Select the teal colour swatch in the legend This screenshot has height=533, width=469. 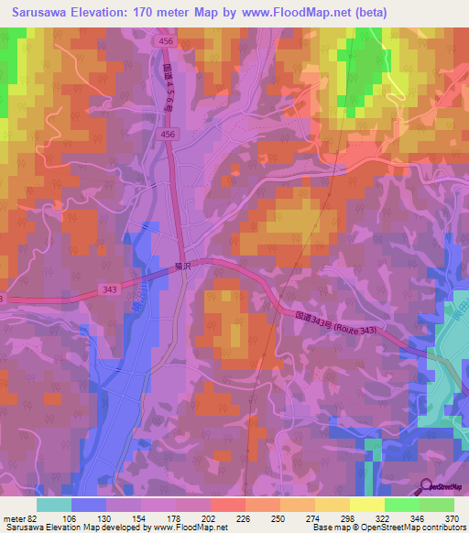(x=54, y=504)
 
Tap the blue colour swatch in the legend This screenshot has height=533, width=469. (x=89, y=504)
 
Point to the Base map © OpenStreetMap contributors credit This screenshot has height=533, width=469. (x=388, y=528)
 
